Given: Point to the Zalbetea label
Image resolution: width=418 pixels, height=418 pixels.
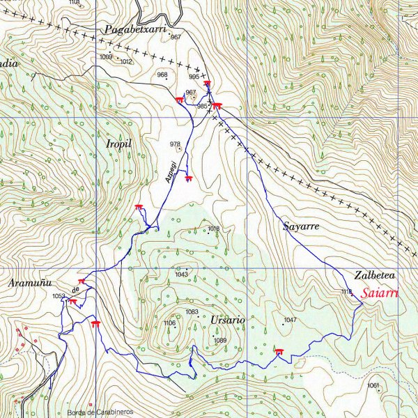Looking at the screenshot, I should click(x=375, y=274).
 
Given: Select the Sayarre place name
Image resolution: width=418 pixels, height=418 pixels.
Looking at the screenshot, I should click(x=301, y=226).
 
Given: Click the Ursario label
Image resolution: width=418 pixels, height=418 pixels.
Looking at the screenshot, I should click(x=226, y=320).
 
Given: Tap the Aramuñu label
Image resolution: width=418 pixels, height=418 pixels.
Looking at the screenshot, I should click(x=30, y=284).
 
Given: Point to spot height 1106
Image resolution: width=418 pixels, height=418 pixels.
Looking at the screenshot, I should click(x=169, y=323).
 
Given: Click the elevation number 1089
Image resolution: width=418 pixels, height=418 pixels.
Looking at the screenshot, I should click(x=220, y=340).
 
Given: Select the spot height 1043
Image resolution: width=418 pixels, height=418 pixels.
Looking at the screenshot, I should click(x=182, y=274).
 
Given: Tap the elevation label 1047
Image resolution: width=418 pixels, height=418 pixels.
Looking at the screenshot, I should click(x=291, y=320).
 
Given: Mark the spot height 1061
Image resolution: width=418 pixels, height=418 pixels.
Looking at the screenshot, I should click(x=373, y=385).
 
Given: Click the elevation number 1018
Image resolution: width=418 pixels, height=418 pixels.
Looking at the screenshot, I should click(x=213, y=229).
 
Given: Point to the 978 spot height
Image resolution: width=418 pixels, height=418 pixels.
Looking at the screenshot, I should click(x=175, y=144).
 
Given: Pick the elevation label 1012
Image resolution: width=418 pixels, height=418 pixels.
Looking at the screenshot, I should click(x=126, y=62).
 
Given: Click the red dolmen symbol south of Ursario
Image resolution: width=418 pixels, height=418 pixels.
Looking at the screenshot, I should click(x=279, y=351).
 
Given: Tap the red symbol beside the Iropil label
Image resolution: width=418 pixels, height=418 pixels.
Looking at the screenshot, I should click(x=139, y=206).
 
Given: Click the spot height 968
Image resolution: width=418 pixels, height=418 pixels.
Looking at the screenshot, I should click(x=162, y=75).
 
